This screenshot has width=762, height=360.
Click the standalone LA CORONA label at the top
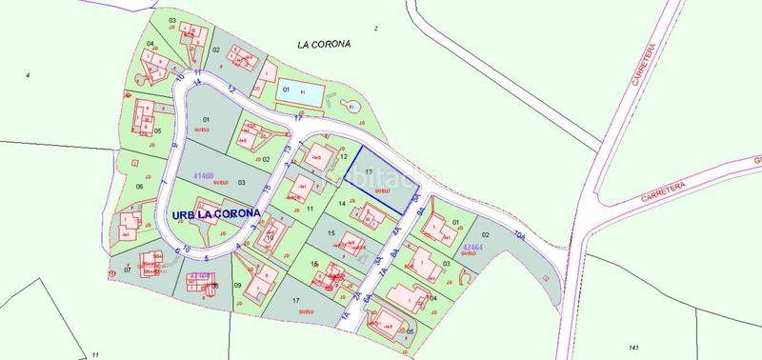pyautogui.click(x=326, y=44)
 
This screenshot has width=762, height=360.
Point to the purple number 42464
pyautogui.click(x=473, y=248)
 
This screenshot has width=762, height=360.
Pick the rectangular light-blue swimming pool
pyautogui.click(x=310, y=94)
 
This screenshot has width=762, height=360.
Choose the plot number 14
pyautogui.click(x=341, y=204)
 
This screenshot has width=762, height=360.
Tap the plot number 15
pyautogui.click(x=330, y=232)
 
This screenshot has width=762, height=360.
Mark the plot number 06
pyautogui.click(x=139, y=187)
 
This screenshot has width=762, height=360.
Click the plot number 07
pyautogui.click(x=127, y=269)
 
